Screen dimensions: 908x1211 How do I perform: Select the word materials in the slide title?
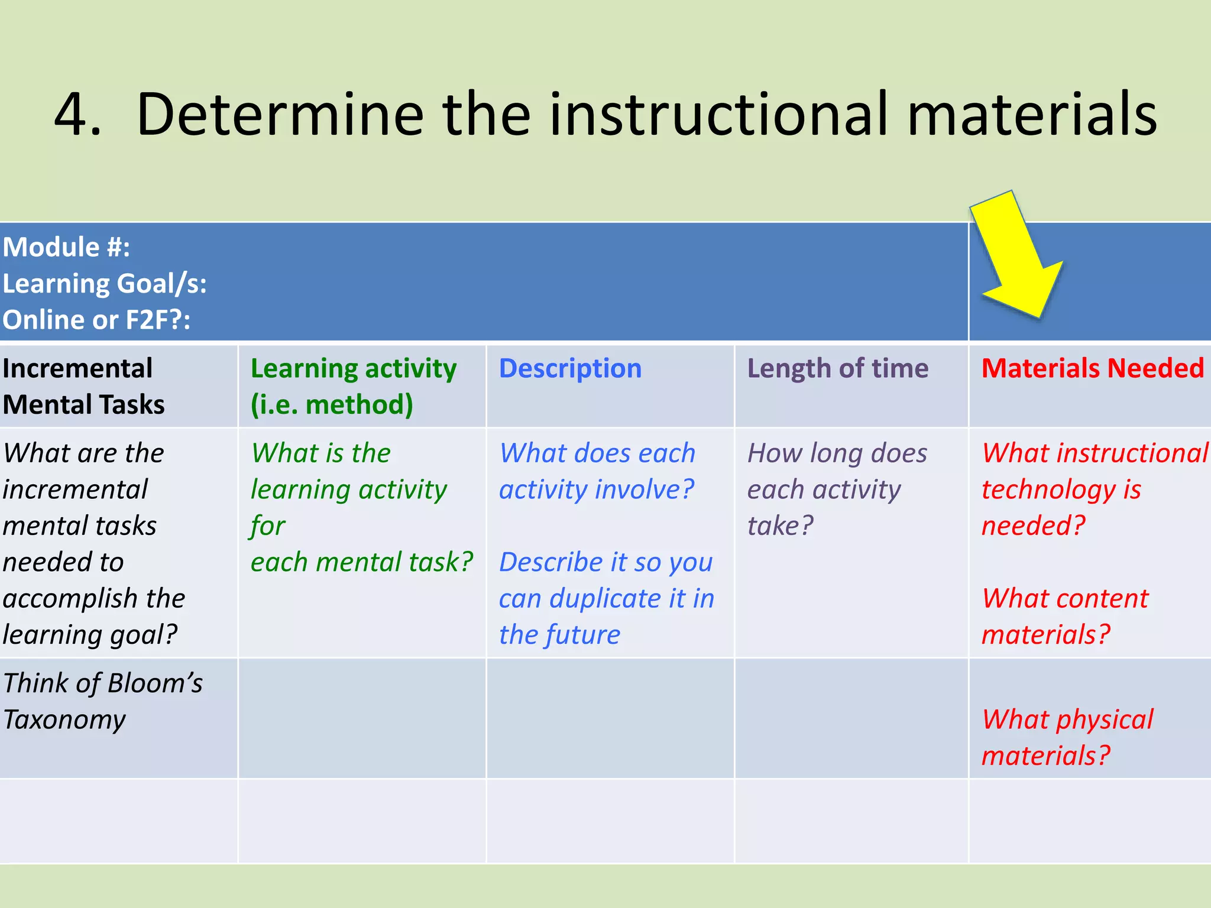tap(1031, 114)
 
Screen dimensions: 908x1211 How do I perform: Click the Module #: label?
tap(66, 247)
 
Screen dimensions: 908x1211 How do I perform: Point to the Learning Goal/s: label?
tap(105, 284)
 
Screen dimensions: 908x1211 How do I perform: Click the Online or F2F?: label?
tap(96, 320)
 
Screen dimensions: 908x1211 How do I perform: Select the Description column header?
tap(570, 368)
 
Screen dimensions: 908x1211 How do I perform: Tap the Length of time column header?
tap(837, 368)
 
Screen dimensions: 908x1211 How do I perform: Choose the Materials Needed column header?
tap(1092, 368)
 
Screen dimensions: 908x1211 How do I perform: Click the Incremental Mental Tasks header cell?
tap(83, 387)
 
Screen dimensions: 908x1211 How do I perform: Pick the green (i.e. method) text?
tap(332, 405)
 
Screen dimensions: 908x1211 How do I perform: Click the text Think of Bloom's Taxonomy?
tap(102, 701)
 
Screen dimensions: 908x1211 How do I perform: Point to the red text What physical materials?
tap(1067, 737)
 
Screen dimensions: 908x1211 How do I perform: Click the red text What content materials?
tap(1064, 616)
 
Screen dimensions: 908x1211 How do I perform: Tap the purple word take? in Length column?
tap(780, 526)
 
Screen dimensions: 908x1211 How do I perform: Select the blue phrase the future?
tap(559, 635)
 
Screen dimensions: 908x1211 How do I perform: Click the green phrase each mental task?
tap(361, 562)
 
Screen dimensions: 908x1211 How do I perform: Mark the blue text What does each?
tap(597, 453)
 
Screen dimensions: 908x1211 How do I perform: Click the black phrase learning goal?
tap(90, 635)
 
